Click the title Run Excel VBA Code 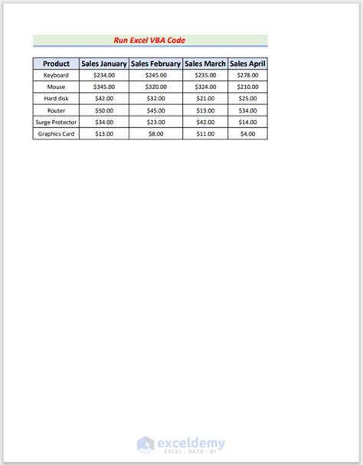point(150,40)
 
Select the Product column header point(56,64)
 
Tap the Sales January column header point(103,64)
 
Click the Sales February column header point(155,64)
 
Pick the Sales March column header point(205,64)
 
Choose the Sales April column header point(247,64)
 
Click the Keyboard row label point(56,76)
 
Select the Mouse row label point(56,87)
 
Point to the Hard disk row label point(56,99)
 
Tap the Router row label point(56,110)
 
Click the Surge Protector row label point(56,122)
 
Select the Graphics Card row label point(56,133)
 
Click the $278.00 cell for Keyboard point(247,76)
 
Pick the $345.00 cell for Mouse point(103,87)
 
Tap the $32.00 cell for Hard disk point(155,99)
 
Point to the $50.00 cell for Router point(103,110)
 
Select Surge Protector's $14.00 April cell point(247,122)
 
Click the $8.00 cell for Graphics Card point(155,133)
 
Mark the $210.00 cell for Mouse point(247,87)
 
